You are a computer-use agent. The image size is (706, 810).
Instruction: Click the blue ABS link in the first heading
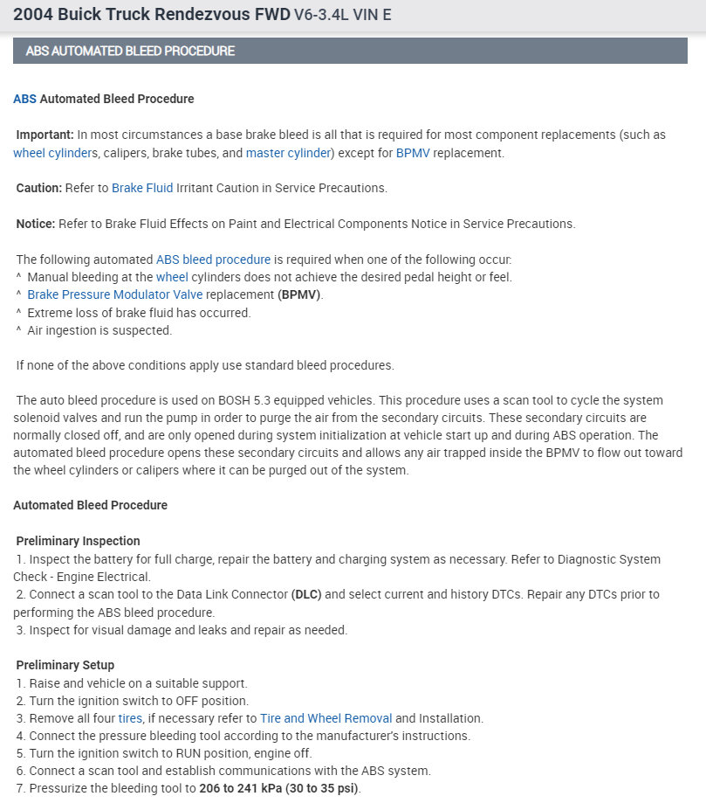tap(24, 99)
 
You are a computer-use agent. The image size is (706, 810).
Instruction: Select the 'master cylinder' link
tap(287, 153)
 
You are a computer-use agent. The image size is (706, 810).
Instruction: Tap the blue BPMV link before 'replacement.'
tap(413, 153)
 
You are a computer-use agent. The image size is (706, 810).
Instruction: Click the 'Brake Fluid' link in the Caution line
tap(142, 188)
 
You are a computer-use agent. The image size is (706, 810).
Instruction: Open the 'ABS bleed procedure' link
tap(213, 260)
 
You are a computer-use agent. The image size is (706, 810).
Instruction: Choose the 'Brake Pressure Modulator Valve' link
tap(114, 294)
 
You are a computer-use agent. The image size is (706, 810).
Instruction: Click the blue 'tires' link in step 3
tap(130, 718)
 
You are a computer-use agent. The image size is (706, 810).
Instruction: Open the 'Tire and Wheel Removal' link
tap(326, 718)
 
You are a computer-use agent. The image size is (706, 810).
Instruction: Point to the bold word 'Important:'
tap(45, 135)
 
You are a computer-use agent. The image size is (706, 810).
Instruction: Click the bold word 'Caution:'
tap(39, 188)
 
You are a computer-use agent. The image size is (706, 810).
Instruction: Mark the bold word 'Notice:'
tap(36, 224)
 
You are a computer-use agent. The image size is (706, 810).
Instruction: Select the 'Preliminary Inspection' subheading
tap(78, 541)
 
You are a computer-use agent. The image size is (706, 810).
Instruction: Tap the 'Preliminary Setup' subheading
tap(65, 665)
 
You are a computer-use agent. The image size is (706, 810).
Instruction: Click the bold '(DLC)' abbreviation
tap(306, 594)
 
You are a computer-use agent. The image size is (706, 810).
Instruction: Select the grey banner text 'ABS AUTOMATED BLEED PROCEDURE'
tap(130, 51)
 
